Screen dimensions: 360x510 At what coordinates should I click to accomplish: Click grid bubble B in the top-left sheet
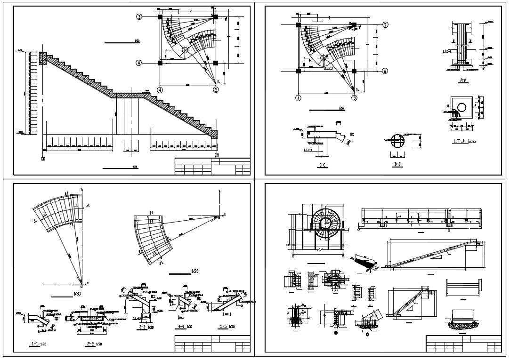139,16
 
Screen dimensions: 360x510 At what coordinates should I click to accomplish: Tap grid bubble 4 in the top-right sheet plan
298,98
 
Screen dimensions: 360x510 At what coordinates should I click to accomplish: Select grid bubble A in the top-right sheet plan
385,71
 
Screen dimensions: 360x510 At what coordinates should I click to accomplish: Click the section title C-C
323,165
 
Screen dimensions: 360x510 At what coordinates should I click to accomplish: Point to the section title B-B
397,165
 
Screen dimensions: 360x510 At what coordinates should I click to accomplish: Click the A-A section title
462,80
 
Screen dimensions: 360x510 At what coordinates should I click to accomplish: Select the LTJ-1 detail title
461,141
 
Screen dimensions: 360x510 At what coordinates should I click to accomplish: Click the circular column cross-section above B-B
397,141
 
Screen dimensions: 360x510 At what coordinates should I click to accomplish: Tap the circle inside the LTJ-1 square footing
462,107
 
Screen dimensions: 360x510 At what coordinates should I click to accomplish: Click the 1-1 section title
35,344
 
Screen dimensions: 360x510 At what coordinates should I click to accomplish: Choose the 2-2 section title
91,344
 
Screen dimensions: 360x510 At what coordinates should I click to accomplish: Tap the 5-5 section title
226,326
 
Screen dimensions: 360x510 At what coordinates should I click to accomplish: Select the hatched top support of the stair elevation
42,58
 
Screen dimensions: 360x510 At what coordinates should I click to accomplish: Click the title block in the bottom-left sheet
212,344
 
